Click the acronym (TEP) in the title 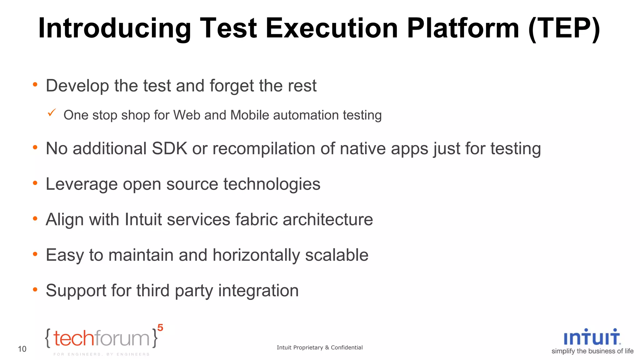[564, 28]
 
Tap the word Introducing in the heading [114, 28]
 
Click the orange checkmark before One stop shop [52, 112]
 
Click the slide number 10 [22, 349]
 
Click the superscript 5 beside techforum [160, 328]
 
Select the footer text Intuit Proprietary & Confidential [319, 347]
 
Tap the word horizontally [256, 255]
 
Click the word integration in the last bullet [258, 291]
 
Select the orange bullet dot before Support [35, 290]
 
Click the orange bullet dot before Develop [35, 84]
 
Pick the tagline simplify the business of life [592, 351]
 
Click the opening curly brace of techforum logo [48, 338]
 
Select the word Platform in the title [463, 28]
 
